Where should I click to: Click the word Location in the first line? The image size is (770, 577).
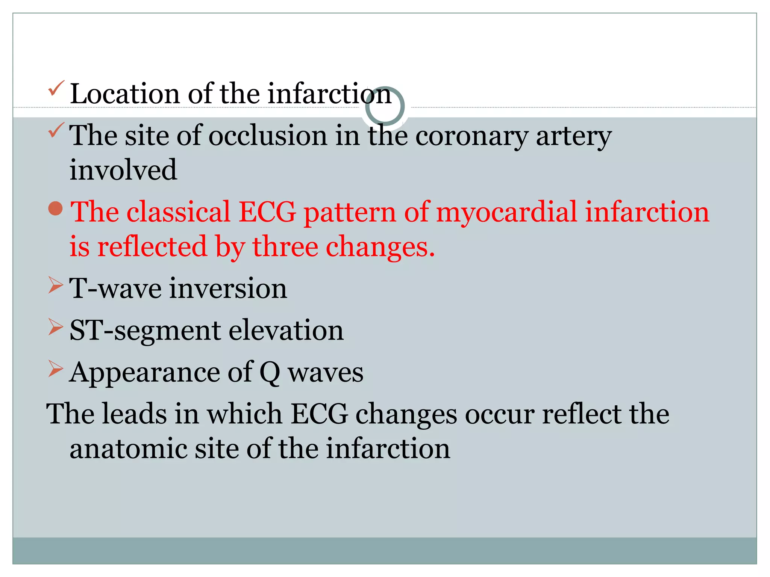point(124,94)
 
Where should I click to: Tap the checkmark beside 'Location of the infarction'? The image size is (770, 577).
point(56,88)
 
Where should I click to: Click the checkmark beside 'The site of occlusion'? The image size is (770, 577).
point(56,130)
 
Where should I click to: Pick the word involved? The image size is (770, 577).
point(123,170)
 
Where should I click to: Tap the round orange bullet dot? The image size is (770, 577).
point(56,209)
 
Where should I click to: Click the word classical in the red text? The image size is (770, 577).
point(178,212)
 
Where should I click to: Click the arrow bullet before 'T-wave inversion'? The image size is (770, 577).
point(55,285)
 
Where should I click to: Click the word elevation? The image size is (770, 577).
point(286,331)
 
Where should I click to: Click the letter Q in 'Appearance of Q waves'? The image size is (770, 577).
point(270,373)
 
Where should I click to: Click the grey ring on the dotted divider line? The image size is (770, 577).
point(385,106)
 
